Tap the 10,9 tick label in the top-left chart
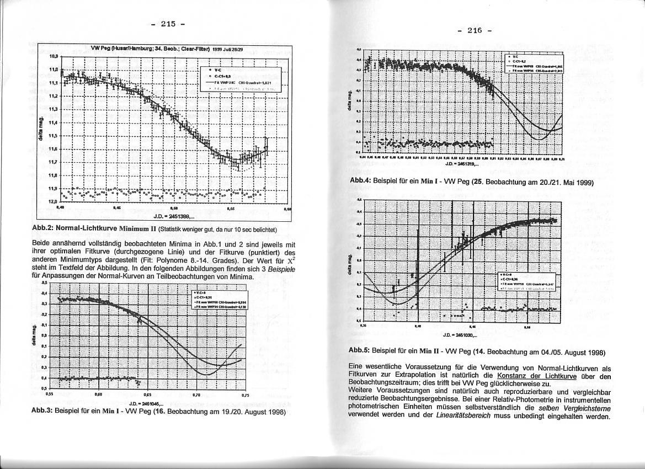coord(54,56)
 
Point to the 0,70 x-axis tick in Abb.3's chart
coord(196,396)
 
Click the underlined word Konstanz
coord(513,376)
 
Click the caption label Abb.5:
coord(359,351)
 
